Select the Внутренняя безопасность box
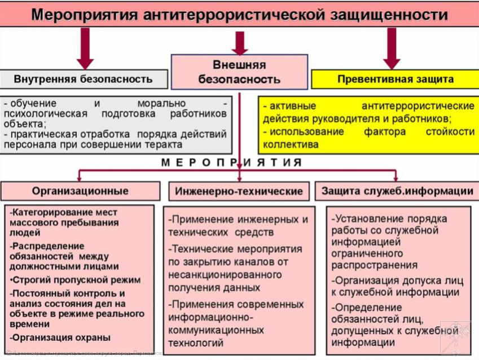click(84, 79)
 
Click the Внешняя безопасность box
click(239, 72)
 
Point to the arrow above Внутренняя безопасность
click(85, 47)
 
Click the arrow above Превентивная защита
click(392, 47)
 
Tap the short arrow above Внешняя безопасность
click(240, 43)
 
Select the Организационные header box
click(80, 191)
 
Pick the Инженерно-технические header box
click(239, 191)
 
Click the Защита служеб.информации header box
click(397, 191)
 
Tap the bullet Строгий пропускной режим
click(76, 280)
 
